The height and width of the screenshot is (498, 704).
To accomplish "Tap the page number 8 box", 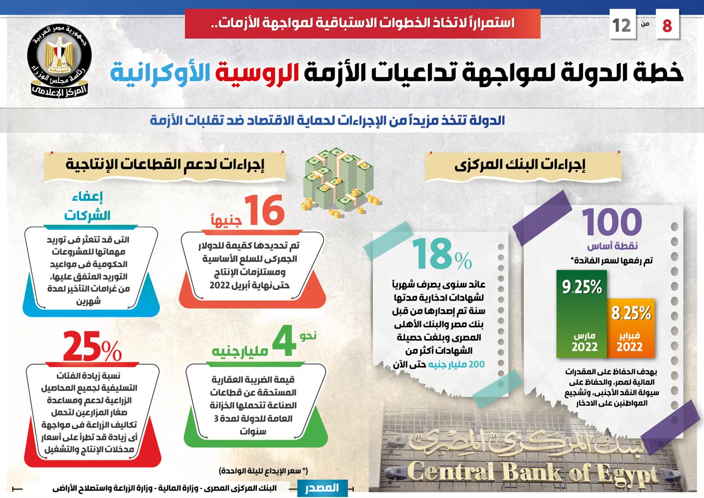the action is coord(667,24).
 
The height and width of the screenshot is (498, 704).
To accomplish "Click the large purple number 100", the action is coord(612,222).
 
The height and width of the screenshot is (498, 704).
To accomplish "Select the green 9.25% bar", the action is coord(581,314).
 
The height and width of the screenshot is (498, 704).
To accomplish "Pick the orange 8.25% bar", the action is coord(631,328).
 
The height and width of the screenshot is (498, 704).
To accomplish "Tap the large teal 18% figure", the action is coord(442,254).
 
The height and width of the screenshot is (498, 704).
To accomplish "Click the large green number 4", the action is coord(284,341).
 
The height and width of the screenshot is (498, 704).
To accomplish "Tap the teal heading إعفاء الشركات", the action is coord(87,207).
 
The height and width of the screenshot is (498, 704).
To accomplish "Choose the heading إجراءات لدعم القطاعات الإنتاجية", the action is coord(165,165).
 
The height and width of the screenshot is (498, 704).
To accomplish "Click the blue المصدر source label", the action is coord(322,488).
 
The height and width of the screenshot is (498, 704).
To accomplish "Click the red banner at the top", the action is coord(363,24).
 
